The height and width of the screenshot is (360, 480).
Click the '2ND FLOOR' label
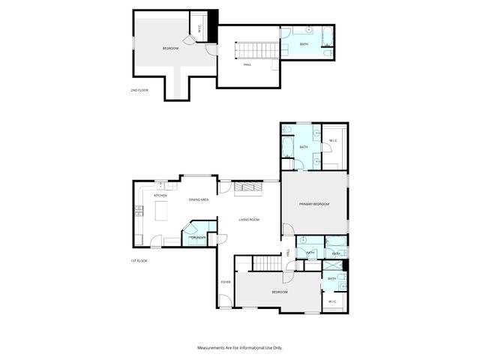(139, 90)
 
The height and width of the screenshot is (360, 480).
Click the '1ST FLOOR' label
(138, 260)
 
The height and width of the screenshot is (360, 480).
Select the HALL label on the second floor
(247, 64)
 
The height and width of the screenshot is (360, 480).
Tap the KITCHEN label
(160, 196)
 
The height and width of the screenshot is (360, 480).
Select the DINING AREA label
(199, 199)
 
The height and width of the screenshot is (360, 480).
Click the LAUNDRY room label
(198, 238)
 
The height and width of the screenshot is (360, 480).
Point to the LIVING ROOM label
(249, 219)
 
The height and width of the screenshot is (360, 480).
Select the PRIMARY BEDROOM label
(314, 204)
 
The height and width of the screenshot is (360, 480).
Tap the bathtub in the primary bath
(288, 145)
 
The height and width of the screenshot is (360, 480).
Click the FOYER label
(225, 282)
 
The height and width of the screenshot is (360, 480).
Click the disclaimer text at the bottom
(240, 348)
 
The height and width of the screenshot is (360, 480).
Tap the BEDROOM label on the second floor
(171, 49)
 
